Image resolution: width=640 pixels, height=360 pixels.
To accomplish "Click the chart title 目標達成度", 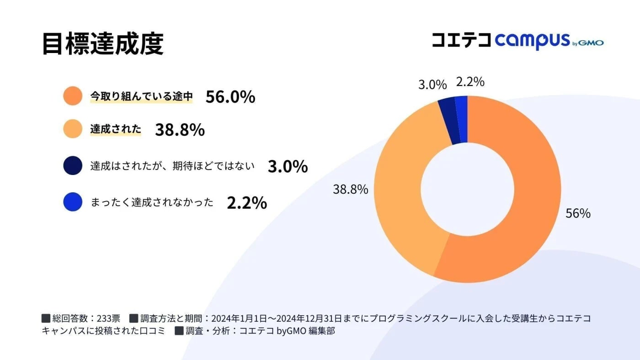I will pyautogui.click(x=102, y=44).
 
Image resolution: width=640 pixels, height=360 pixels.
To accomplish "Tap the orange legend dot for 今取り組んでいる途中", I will pyautogui.click(x=73, y=96).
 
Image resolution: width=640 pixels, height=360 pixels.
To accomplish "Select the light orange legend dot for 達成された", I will pyautogui.click(x=73, y=129).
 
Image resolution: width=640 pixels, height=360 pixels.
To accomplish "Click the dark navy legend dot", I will pyautogui.click(x=73, y=166).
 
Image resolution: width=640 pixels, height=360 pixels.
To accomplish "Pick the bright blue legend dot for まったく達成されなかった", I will pyautogui.click(x=73, y=202).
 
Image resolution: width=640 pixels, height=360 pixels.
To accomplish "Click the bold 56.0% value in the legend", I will pyautogui.click(x=230, y=97).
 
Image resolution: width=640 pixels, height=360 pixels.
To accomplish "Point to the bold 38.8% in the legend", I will pyautogui.click(x=180, y=130).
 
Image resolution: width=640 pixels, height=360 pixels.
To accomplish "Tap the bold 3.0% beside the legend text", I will pyautogui.click(x=287, y=167).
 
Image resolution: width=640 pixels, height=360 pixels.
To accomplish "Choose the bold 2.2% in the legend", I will pyautogui.click(x=247, y=203).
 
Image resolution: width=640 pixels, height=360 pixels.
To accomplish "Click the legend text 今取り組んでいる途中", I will pyautogui.click(x=141, y=96).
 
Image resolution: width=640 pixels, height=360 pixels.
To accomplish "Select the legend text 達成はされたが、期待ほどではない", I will pyautogui.click(x=172, y=166).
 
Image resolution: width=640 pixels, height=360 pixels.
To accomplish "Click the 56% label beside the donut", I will pyautogui.click(x=578, y=213).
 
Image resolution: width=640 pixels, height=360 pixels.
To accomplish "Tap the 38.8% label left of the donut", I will pyautogui.click(x=350, y=189).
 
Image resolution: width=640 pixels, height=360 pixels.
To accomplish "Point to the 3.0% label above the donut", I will pyautogui.click(x=432, y=85).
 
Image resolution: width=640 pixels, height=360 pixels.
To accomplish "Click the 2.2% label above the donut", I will pyautogui.click(x=470, y=82).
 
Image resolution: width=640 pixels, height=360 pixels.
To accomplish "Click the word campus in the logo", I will pyautogui.click(x=532, y=41).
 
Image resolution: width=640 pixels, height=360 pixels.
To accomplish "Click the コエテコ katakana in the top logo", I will pyautogui.click(x=461, y=40).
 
